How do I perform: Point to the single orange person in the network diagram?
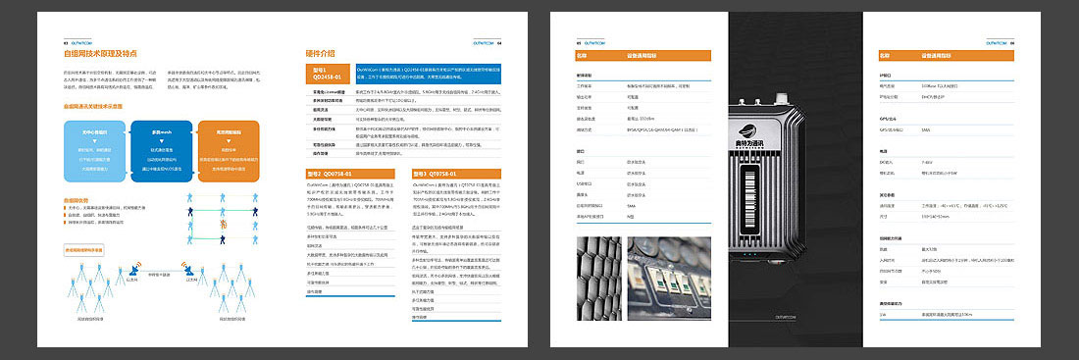tap(224, 230)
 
